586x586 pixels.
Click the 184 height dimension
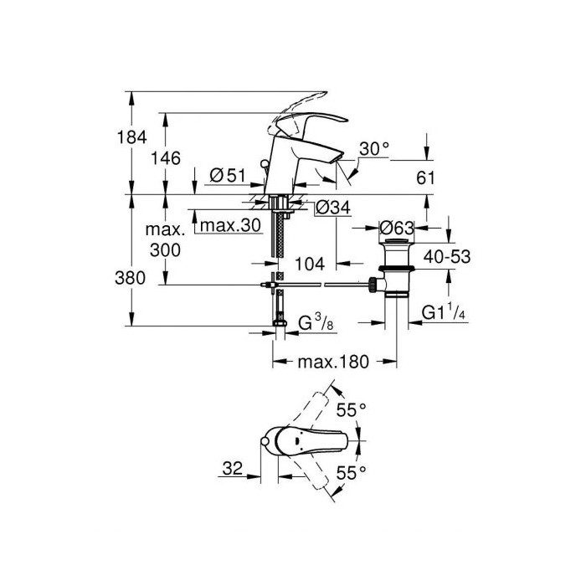(x=132, y=137)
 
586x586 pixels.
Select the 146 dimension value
(x=165, y=158)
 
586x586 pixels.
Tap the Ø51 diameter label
(x=228, y=175)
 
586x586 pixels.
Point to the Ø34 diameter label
(x=333, y=208)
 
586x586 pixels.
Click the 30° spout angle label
(x=374, y=149)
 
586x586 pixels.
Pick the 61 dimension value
(x=425, y=177)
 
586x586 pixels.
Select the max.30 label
(x=230, y=225)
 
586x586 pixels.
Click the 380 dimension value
(x=130, y=278)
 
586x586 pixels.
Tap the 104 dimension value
(x=310, y=265)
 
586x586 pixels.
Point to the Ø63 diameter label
(x=397, y=228)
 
